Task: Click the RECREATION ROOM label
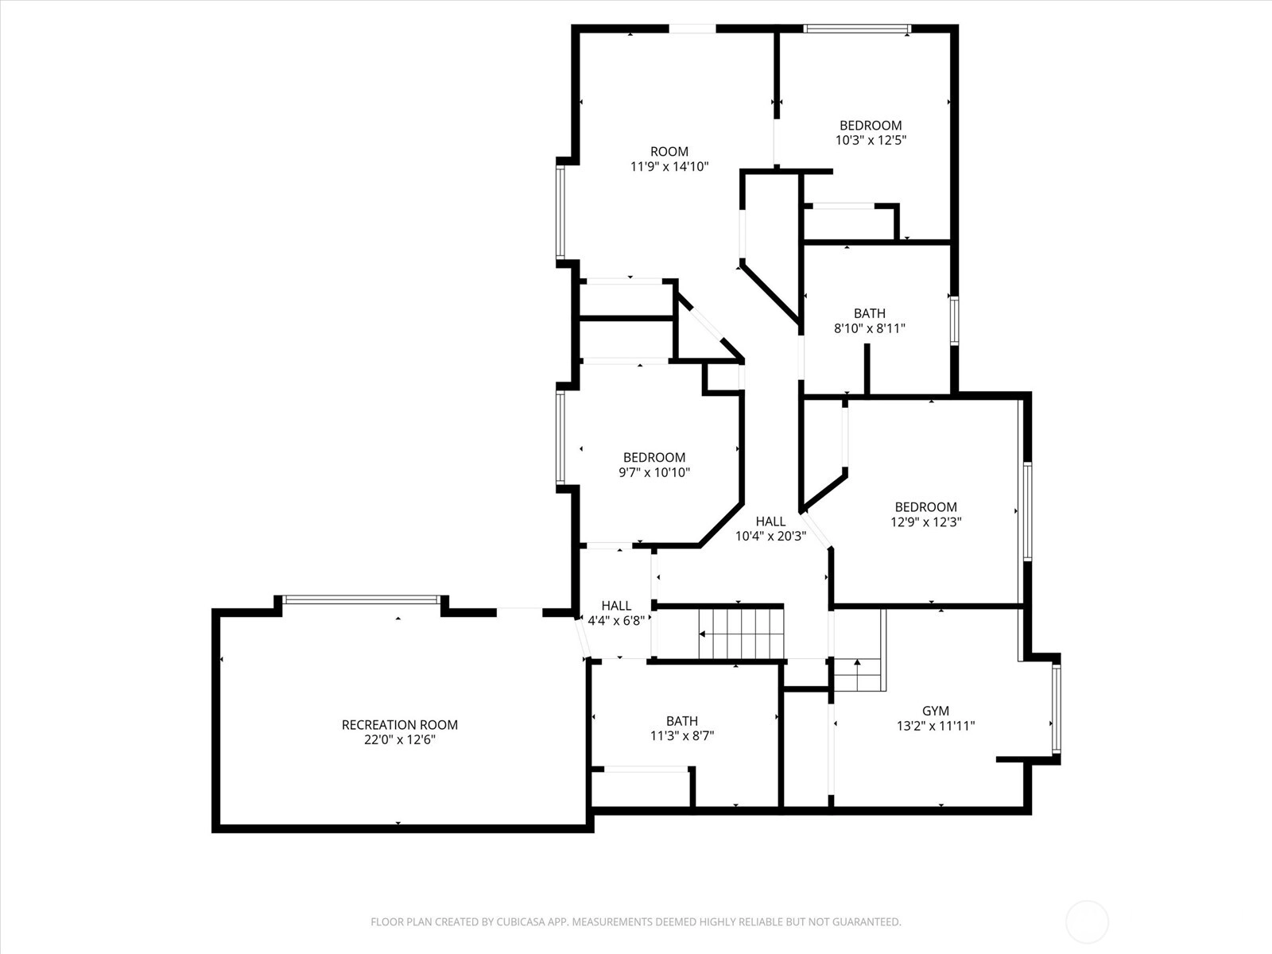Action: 399,724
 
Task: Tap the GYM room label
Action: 936,711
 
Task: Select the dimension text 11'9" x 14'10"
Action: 669,167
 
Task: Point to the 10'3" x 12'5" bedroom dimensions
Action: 871,140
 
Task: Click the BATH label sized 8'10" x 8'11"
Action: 869,313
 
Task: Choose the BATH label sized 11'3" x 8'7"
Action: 681,721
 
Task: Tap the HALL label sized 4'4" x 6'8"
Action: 616,606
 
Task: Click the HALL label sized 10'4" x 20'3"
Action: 770,522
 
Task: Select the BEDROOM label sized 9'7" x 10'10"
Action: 654,458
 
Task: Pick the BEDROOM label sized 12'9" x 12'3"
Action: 926,507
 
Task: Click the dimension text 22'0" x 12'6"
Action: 399,739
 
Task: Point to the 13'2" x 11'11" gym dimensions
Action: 936,726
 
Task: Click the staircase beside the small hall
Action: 741,634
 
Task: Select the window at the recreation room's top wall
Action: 362,599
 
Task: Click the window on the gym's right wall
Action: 1057,708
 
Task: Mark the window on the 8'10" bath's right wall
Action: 954,321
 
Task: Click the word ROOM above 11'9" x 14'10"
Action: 669,152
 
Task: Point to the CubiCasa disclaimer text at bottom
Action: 636,921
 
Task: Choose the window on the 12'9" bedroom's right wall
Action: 1027,511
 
